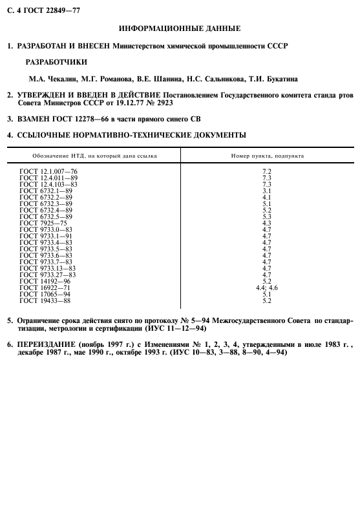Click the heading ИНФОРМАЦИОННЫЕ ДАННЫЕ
click(180, 28)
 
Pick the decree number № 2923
click(160, 103)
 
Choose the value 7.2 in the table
click(266, 171)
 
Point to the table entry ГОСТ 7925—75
click(43, 223)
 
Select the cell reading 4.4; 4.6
click(266, 287)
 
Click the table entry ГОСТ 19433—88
click(45, 300)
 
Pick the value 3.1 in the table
click(266, 191)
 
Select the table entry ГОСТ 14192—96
click(45, 281)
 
